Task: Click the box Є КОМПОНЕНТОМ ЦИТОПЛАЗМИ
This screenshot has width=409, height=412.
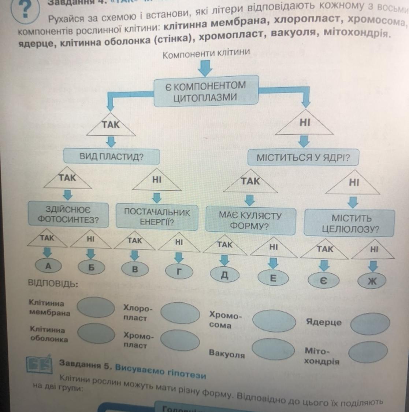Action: click(206, 91)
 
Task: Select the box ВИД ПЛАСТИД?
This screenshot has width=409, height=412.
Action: click(112, 157)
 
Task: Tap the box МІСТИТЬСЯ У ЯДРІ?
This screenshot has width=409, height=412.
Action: click(303, 158)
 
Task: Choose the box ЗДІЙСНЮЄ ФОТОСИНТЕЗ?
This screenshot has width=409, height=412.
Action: click(68, 215)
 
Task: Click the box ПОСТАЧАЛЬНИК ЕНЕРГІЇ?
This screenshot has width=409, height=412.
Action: click(157, 217)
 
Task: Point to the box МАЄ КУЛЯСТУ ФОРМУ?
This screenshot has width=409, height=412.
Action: click(250, 220)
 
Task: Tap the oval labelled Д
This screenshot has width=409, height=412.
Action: click(225, 276)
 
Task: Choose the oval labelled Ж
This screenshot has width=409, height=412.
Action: click(372, 281)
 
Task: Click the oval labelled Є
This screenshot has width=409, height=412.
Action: click(323, 281)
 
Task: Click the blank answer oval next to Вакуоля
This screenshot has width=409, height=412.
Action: click(273, 349)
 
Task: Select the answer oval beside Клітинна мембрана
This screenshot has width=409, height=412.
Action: click(96, 307)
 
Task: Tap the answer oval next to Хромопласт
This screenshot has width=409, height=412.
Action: click(180, 340)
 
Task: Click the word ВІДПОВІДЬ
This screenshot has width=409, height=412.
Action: click(53, 284)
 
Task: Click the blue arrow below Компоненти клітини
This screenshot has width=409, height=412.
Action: click(206, 68)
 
